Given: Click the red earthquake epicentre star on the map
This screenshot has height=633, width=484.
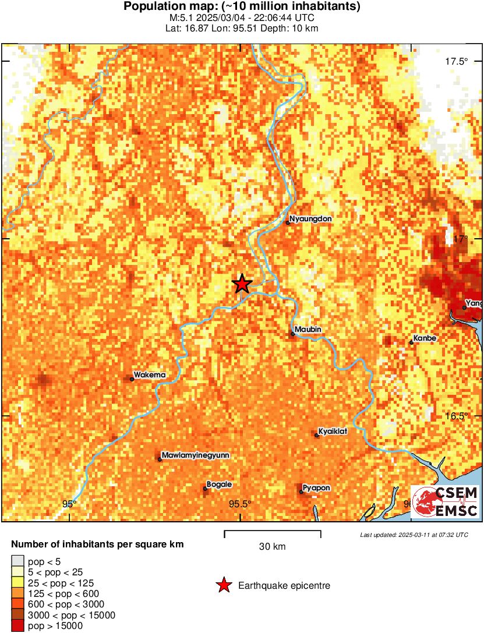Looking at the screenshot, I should [x=242, y=284].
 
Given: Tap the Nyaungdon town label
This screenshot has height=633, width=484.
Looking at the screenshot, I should [x=311, y=219].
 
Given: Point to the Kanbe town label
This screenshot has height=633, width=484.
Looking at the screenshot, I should [x=425, y=338].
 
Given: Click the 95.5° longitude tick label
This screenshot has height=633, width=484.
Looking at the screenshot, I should [x=240, y=504].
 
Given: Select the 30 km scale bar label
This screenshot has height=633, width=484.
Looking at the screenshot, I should [x=272, y=547].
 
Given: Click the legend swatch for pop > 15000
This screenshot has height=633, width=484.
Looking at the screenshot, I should [x=17, y=626].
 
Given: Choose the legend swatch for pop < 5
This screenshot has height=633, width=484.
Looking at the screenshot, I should [x=17, y=561].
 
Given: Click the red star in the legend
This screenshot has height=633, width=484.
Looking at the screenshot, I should [x=223, y=585].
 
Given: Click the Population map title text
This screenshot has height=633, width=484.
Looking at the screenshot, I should [x=242, y=7].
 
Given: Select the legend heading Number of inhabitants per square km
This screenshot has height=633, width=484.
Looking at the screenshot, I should [x=98, y=545].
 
